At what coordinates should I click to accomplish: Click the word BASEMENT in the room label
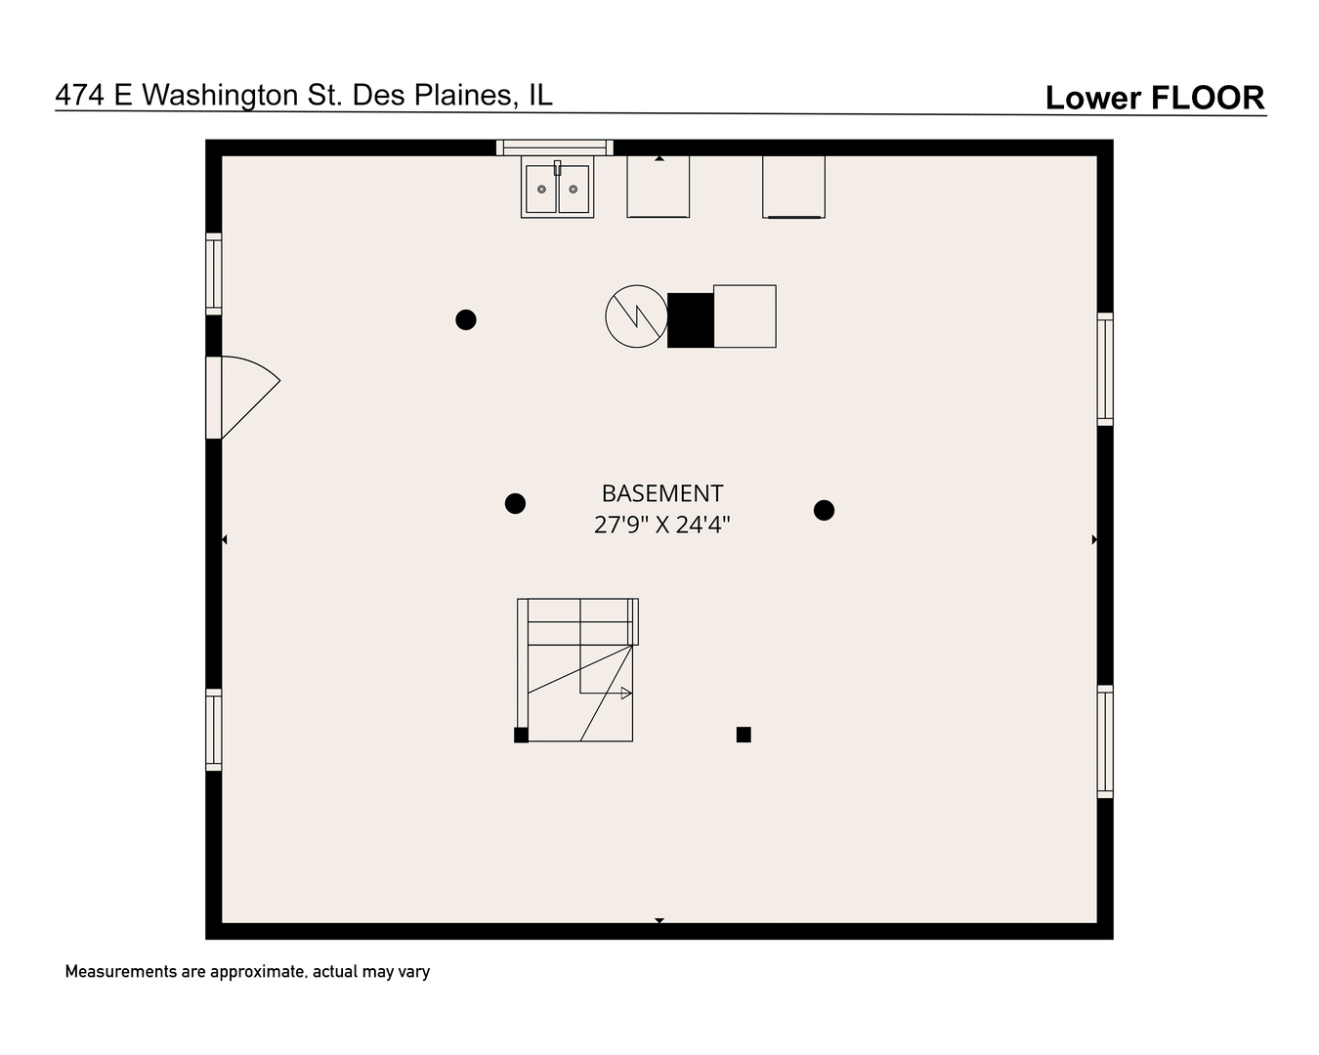coord(662,493)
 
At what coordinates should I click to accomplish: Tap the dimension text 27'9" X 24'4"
coord(662,525)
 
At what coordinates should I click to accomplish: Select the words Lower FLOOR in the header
coord(1155,98)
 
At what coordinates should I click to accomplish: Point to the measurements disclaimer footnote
coord(247,972)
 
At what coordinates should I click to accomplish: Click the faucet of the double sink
coord(557,167)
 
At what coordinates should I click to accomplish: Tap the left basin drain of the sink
coord(542,190)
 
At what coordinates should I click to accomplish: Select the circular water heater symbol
coord(636,316)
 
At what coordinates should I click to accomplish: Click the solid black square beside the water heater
coord(691,320)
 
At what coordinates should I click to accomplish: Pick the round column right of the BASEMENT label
coord(824,510)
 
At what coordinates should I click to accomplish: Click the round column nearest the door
coord(466,320)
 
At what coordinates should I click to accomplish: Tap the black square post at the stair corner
coord(521,735)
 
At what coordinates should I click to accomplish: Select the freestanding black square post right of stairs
coord(744,735)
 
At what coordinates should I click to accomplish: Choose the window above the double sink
coord(555,148)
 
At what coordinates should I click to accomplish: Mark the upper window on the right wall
coord(1105,369)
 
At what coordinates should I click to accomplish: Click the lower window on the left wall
coord(213,730)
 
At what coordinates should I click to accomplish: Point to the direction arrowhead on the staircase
coord(626,694)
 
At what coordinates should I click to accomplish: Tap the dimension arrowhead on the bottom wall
coord(659,921)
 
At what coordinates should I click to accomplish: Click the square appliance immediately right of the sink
coord(659,187)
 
